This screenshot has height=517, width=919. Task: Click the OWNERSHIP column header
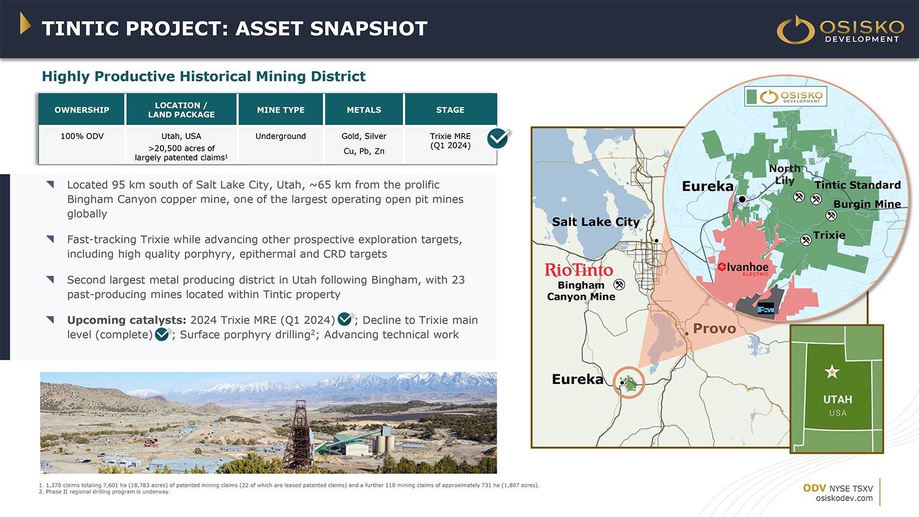pyautogui.click(x=81, y=110)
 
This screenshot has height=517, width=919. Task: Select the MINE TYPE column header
pyautogui.click(x=281, y=110)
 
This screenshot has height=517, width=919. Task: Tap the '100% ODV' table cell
pyautogui.click(x=82, y=136)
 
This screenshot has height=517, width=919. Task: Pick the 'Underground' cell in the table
pyautogui.click(x=281, y=136)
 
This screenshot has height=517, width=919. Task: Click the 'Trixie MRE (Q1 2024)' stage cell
pyautogui.click(x=450, y=141)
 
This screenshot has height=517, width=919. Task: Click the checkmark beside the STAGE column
pyautogui.click(x=498, y=138)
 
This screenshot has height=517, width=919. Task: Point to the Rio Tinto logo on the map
pyautogui.click(x=579, y=270)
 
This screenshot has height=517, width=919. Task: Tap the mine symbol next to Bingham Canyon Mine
pyautogui.click(x=619, y=284)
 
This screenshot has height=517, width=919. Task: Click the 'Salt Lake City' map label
pyautogui.click(x=596, y=222)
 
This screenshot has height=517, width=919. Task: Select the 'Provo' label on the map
pyautogui.click(x=714, y=329)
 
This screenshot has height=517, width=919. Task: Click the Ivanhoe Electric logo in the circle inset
pyautogui.click(x=743, y=268)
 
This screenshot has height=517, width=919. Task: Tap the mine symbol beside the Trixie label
pyautogui.click(x=806, y=240)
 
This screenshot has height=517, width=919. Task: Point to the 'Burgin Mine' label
pyautogui.click(x=867, y=205)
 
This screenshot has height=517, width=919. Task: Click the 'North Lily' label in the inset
pyautogui.click(x=784, y=175)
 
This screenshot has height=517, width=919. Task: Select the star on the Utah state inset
pyautogui.click(x=831, y=372)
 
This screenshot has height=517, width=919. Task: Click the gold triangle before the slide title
pyautogui.click(x=25, y=23)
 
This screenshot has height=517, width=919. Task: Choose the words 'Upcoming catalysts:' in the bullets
pyautogui.click(x=127, y=320)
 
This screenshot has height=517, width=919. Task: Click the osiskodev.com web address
pyautogui.click(x=844, y=498)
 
